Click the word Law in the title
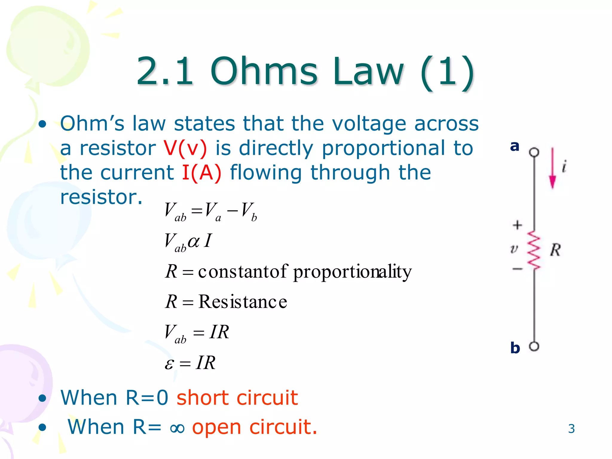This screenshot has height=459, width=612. click(x=368, y=72)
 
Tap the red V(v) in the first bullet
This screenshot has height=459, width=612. click(x=185, y=149)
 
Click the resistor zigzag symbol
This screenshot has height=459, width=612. click(x=534, y=250)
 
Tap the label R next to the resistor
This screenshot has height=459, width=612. click(x=555, y=250)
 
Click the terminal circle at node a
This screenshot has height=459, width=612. click(x=534, y=152)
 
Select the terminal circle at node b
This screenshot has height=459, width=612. click(x=534, y=347)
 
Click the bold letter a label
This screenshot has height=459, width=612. click(x=515, y=146)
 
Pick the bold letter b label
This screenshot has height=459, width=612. click(x=515, y=348)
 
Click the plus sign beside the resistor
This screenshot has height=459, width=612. click(x=517, y=225)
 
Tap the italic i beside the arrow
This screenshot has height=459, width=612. click(x=564, y=166)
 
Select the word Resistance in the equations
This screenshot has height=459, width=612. click(x=243, y=302)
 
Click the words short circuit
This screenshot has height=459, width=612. click(x=237, y=398)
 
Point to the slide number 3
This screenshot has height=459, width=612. click(x=571, y=429)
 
